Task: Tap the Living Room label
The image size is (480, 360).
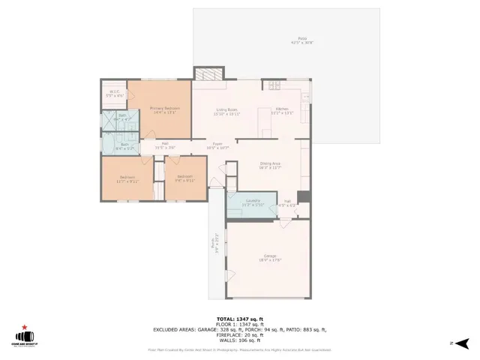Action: (226, 112)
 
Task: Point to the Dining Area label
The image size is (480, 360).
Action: (270, 166)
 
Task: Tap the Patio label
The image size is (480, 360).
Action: (302, 40)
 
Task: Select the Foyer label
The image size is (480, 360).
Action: (217, 145)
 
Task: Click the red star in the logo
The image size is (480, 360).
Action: (25, 327)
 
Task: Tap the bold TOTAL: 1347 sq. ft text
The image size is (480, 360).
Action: (240, 318)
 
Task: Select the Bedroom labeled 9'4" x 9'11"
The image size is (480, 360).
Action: (184, 179)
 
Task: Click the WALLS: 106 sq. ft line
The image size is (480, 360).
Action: (240, 340)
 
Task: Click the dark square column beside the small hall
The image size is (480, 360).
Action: (303, 197)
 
